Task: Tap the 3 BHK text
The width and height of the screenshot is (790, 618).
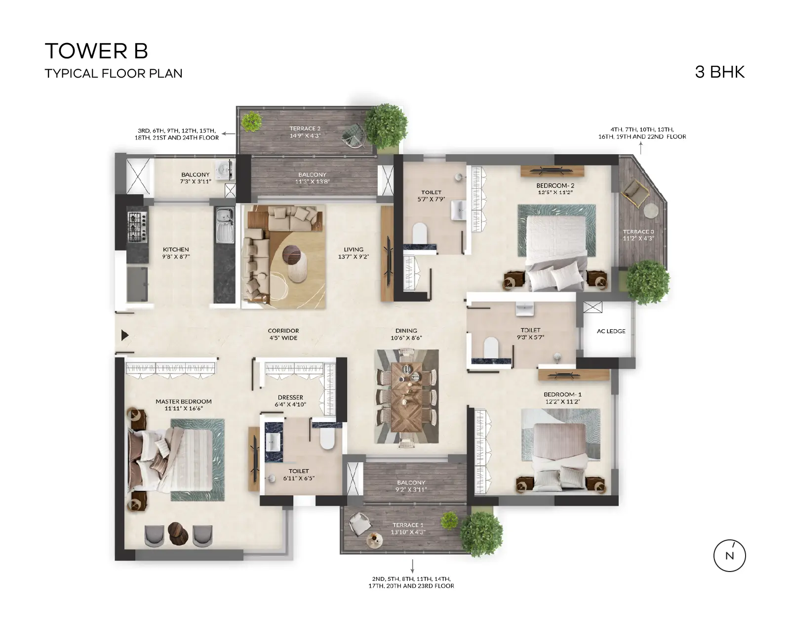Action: click(x=720, y=72)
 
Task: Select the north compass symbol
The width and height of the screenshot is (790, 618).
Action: click(x=729, y=556)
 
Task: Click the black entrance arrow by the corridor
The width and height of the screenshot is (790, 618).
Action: click(x=125, y=335)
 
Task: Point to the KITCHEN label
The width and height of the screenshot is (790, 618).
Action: click(x=176, y=249)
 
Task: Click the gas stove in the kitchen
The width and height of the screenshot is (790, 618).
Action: click(x=137, y=227)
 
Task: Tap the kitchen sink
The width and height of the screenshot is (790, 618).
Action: click(x=225, y=225)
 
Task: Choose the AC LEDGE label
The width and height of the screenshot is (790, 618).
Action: click(x=611, y=331)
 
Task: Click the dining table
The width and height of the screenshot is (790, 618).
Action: click(x=406, y=397)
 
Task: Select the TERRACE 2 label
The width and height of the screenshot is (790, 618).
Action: click(x=305, y=129)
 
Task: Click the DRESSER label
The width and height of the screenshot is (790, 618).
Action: click(x=290, y=397)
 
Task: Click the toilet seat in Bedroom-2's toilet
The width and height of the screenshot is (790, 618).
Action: click(x=420, y=232)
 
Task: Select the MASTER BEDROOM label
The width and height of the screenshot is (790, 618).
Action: click(x=184, y=401)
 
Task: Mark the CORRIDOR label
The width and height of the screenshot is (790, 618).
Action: click(x=283, y=331)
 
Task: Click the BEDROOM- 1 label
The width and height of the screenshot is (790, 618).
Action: click(x=562, y=395)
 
